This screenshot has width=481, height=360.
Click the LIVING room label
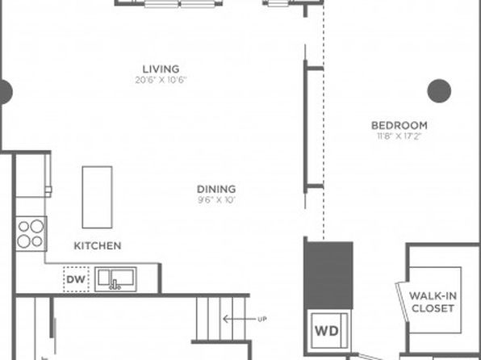pyautogui.click(x=161, y=69)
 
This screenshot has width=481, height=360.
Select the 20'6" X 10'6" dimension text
pyautogui.click(x=161, y=80)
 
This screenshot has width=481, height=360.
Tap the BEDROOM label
pyautogui.click(x=399, y=125)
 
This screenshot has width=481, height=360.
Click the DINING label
pyautogui.click(x=216, y=189)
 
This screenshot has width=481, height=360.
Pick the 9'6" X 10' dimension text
pyautogui.click(x=216, y=200)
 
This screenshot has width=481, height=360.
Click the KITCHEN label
pyautogui.click(x=98, y=245)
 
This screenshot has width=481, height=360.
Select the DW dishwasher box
pyautogui.click(x=76, y=279)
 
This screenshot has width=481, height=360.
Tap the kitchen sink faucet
pyautogui.click(x=115, y=285)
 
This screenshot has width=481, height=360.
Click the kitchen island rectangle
pyautogui.click(x=97, y=197)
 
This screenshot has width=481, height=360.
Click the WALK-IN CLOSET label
pyautogui.click(x=433, y=302)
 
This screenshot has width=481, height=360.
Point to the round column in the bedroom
pyautogui.click(x=439, y=91)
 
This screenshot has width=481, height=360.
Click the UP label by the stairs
pyautogui.click(x=262, y=319)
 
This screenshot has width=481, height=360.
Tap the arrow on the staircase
pyautogui.click(x=239, y=319)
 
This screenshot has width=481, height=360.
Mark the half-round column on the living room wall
pyautogui.click(x=6, y=92)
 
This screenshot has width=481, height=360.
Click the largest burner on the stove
pyautogui.click(x=37, y=226)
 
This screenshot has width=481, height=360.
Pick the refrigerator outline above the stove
pyautogui.click(x=33, y=175)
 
